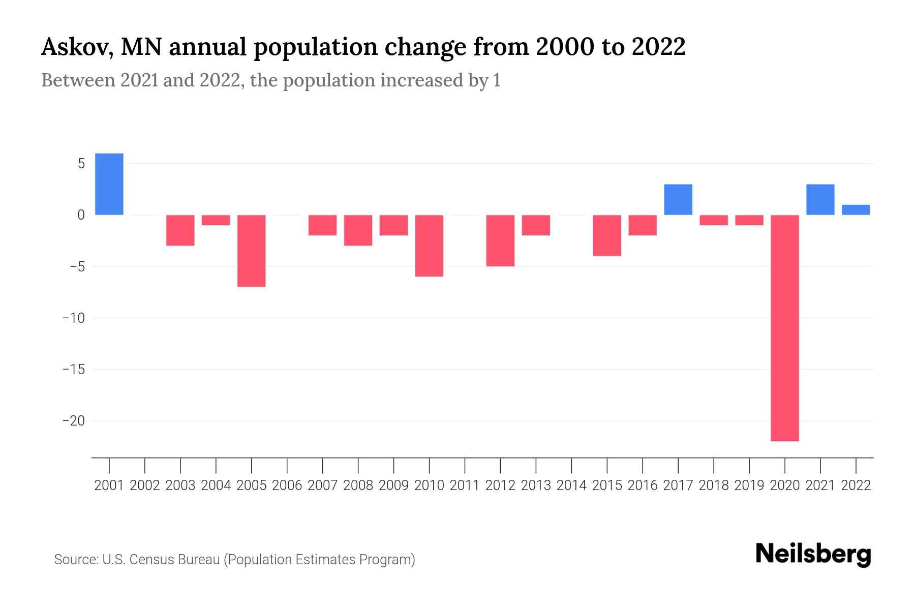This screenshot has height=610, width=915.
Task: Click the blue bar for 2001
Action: (109, 184)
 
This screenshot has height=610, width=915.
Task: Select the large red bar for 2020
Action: (785, 328)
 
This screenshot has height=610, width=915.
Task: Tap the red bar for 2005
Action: (252, 251)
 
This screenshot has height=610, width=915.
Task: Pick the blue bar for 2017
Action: (678, 199)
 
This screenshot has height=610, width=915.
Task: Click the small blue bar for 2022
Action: (856, 210)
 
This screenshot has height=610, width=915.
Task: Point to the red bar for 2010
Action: (430, 246)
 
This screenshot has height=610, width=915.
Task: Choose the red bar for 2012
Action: (500, 240)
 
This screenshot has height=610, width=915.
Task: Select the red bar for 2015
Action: (607, 235)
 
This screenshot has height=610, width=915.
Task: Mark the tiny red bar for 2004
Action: (216, 220)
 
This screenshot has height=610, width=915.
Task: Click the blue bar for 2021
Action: (820, 199)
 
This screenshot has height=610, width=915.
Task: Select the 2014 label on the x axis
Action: (571, 485)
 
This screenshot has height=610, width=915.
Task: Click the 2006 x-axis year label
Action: (287, 485)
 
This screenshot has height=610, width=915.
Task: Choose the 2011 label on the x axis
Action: (465, 485)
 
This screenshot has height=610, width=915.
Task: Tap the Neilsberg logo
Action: (813, 554)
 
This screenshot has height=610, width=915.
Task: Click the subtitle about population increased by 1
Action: (270, 81)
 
